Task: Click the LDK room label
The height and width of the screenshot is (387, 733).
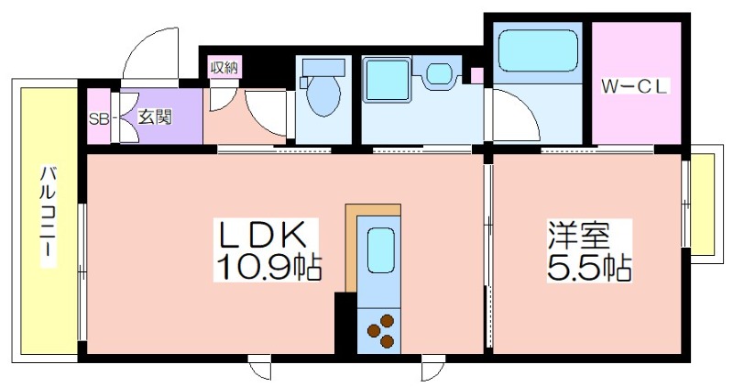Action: pyautogui.click(x=263, y=235)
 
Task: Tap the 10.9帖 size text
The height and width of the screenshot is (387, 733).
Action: pyautogui.click(x=268, y=267)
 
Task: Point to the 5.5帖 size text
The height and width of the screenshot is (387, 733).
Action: pyautogui.click(x=589, y=267)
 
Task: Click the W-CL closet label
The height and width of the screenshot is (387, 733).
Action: pyautogui.click(x=635, y=87)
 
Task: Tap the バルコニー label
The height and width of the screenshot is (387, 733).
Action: pyautogui.click(x=49, y=216)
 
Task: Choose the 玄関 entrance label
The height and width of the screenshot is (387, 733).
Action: pyautogui.click(x=155, y=116)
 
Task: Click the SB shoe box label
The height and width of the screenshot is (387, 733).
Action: pyautogui.click(x=99, y=119)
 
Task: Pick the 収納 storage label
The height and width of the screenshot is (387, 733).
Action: pyautogui.click(x=224, y=68)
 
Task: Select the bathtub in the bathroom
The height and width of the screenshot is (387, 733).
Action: pyautogui.click(x=538, y=50)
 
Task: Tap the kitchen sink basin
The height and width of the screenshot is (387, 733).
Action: pyautogui.click(x=380, y=249)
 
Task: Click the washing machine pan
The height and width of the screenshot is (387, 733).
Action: pyautogui.click(x=387, y=79)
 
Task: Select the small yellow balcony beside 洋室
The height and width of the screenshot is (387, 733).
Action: pyautogui.click(x=703, y=204)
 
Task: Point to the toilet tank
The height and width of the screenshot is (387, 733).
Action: pyautogui.click(x=324, y=67)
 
